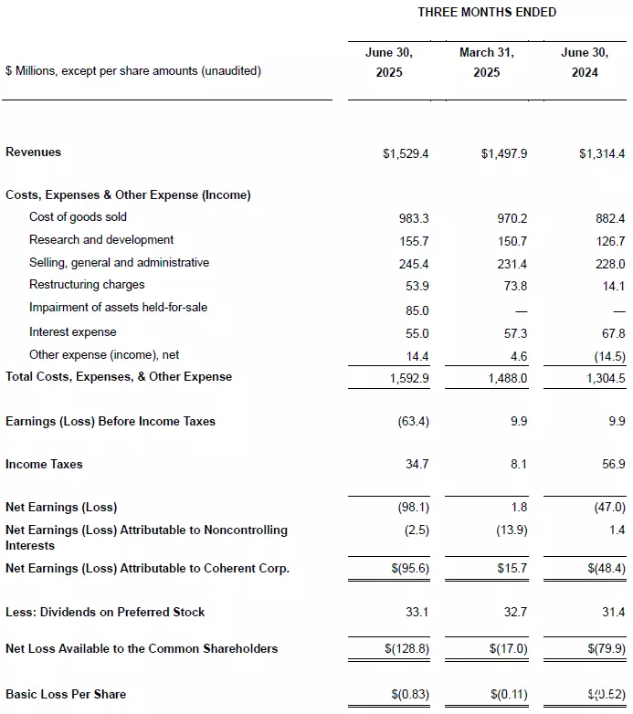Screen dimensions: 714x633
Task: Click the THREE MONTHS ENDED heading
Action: [486, 12]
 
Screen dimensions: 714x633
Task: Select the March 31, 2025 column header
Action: [486, 62]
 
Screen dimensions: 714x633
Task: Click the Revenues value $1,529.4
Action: [406, 153]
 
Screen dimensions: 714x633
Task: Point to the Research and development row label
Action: [100, 240]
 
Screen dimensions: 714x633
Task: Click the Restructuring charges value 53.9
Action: [417, 286]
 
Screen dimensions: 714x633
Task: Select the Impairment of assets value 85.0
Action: [417, 309]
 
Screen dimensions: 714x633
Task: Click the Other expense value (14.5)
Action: [608, 355]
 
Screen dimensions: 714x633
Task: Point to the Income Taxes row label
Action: [44, 465]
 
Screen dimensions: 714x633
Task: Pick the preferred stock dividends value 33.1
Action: [417, 613]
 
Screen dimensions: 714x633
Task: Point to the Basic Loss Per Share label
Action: [66, 695]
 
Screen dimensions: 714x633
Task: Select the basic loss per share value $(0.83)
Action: [407, 695]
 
